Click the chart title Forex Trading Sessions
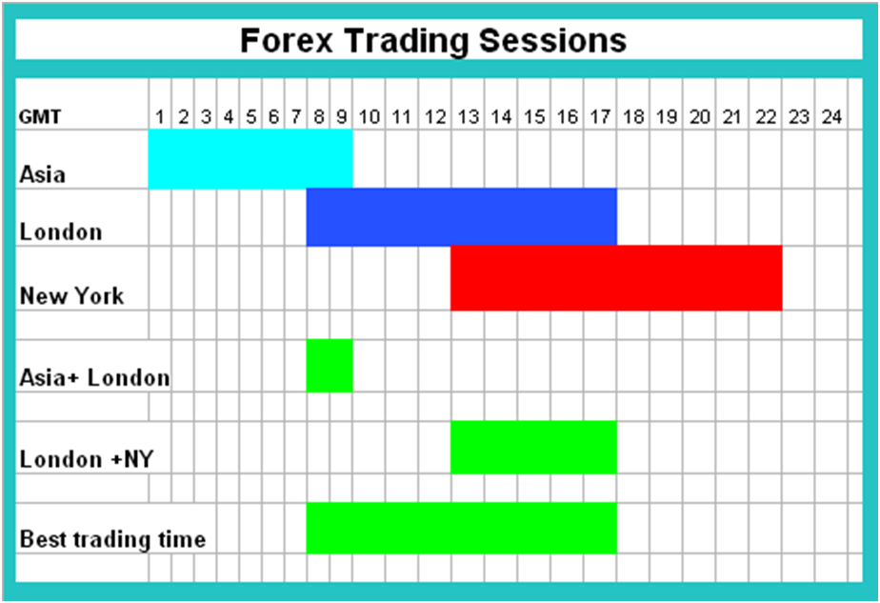433,40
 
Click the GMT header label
40,117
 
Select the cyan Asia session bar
250,159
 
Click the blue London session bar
461,217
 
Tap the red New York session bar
616,278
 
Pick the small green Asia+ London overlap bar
330,366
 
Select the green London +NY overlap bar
533,447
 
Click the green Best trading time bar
461,528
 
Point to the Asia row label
43,174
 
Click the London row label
61,231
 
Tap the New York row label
71,296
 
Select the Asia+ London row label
94,378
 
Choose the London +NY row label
87,459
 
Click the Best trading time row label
112,539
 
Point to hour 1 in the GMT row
160,117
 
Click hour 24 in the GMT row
831,117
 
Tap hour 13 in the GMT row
468,117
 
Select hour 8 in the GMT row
319,117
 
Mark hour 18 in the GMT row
633,117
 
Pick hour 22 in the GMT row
766,117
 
